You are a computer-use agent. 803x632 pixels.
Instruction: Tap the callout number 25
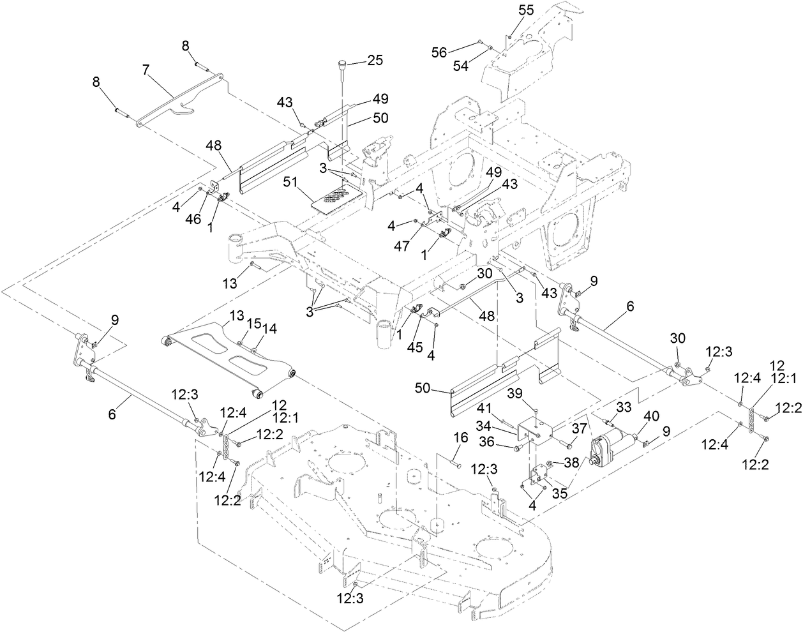point(375,61)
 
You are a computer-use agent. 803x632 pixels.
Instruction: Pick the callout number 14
point(270,328)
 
